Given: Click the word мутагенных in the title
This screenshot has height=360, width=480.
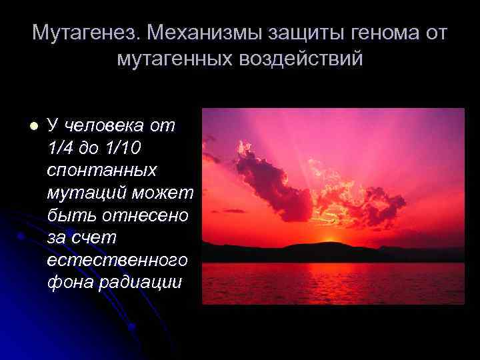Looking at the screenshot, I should pos(175,59).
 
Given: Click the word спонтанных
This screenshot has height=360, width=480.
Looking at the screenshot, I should pos(101,170).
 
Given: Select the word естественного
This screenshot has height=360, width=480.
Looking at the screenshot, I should pos(117,260).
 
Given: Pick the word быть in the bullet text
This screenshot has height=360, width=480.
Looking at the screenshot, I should pos(67,215).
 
